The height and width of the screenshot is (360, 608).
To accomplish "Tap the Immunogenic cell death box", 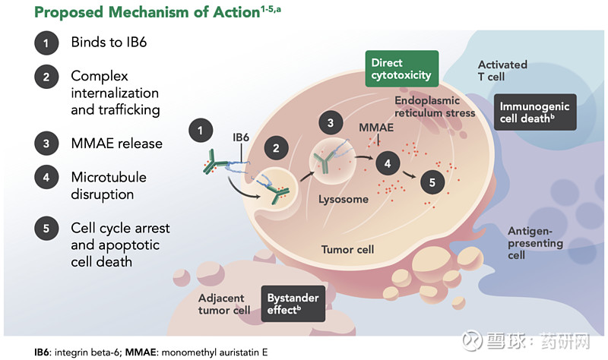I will (x=535, y=112).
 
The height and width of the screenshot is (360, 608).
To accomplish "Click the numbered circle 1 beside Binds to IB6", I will (x=46, y=43).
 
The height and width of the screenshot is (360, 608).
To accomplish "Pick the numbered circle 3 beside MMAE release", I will (x=46, y=143).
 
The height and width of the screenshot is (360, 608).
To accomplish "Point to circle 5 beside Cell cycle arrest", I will (x=46, y=228).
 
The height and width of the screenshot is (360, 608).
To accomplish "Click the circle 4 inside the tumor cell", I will (x=388, y=163).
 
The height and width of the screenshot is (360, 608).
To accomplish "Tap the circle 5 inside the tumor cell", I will (x=432, y=182).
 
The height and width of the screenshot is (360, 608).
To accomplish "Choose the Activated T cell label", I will (x=502, y=71).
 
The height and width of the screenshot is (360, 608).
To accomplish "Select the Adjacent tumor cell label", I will (x=224, y=304).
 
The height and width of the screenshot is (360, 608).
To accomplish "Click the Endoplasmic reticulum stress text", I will (x=435, y=106).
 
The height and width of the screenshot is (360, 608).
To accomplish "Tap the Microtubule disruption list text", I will (x=109, y=185).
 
